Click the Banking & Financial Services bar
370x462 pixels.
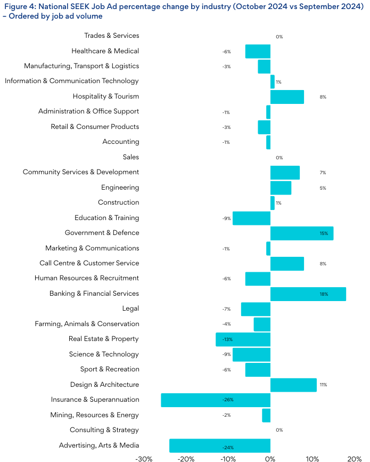pos(308,294)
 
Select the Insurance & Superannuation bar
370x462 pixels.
pos(216,400)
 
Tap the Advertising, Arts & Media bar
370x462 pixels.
pos(220,445)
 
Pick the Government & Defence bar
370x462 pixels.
pos(302,233)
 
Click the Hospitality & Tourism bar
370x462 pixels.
pos(287,97)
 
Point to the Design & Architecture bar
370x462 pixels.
pos(293,385)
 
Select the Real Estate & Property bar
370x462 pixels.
pos(243,339)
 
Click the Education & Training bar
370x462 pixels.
pos(251,218)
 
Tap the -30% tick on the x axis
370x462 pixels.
pos(144,458)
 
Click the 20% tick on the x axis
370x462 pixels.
pos(355,458)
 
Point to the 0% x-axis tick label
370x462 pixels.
pos(270,458)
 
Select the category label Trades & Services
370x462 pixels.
pos(111,36)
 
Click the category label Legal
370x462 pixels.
pos(130,309)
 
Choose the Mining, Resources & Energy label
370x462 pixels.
pos(94,415)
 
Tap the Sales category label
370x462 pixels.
pos(130,157)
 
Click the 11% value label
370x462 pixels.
pos(323,385)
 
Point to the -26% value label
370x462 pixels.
pos(228,400)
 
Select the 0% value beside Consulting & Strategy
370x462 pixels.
pos(279,430)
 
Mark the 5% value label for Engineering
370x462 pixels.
pos(323,188)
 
